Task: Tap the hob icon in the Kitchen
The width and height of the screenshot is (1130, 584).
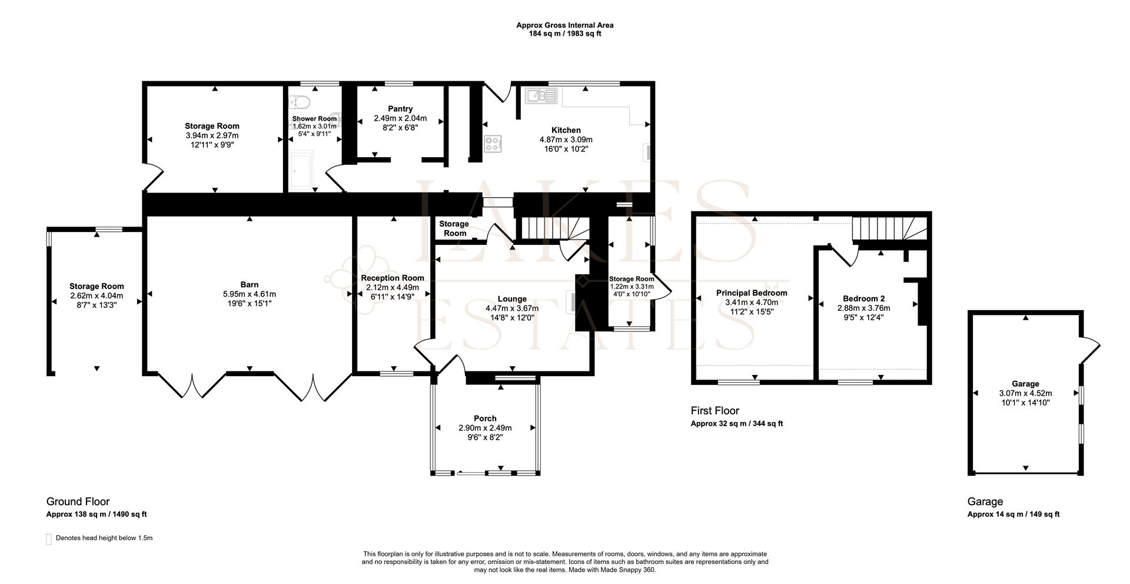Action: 493,144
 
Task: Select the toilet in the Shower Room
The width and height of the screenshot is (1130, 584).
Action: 300,102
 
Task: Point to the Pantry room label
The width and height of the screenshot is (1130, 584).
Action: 400,109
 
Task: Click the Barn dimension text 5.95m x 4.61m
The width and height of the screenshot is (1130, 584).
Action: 250,294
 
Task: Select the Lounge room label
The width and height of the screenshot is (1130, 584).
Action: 512,299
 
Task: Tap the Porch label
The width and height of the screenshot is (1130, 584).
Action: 485,419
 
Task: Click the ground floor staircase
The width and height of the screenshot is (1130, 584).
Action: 550,228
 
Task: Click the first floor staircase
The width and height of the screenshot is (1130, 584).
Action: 889,227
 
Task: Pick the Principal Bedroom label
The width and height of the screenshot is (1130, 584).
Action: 752,293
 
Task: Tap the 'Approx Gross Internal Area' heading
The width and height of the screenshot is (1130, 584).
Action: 565,25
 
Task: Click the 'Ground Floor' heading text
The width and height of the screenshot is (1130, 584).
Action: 78,502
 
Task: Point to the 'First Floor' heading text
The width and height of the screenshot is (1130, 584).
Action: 714,410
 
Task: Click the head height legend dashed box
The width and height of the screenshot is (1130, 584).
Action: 49,539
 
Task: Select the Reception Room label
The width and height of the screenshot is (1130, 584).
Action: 393,278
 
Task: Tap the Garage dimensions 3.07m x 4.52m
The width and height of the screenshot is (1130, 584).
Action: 1025,393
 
